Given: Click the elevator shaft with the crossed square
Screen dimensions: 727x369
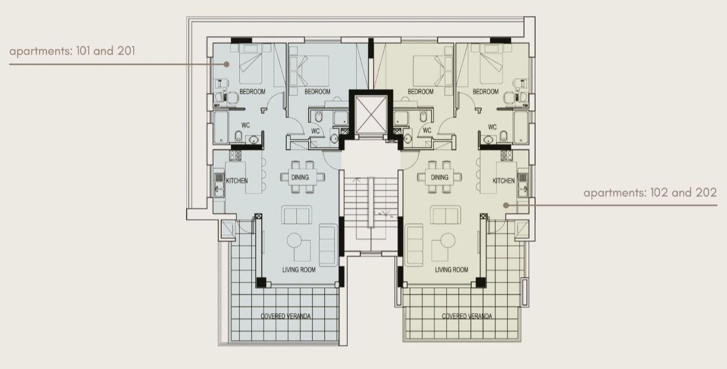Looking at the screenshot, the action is pyautogui.click(x=371, y=115).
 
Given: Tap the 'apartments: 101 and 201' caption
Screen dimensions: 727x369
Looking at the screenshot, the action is pyautogui.click(x=72, y=51).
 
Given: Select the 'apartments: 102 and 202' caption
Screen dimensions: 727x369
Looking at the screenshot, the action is pyautogui.click(x=650, y=193).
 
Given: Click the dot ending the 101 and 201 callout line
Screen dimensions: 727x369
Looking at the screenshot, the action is pyautogui.click(x=227, y=64).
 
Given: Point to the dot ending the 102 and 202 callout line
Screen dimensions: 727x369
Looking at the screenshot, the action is pyautogui.click(x=506, y=205).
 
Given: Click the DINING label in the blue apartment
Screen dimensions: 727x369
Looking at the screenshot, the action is pyautogui.click(x=300, y=177).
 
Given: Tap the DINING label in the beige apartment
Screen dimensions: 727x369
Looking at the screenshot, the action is pyautogui.click(x=439, y=177).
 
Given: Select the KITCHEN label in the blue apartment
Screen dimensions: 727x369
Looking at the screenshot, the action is pyautogui.click(x=236, y=181).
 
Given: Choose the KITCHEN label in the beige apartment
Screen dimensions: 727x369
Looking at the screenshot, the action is pyautogui.click(x=504, y=181).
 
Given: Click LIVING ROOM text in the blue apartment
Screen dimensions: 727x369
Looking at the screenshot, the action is pyautogui.click(x=299, y=269).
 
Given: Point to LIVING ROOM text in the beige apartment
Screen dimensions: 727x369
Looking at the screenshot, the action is pyautogui.click(x=452, y=269).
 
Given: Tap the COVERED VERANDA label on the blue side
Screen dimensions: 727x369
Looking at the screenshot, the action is pyautogui.click(x=286, y=316).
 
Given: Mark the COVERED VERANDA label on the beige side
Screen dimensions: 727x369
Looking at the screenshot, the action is pyautogui.click(x=467, y=316).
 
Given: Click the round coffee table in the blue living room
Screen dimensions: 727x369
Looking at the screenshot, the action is pyautogui.click(x=294, y=240).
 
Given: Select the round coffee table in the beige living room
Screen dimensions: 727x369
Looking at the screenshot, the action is pyautogui.click(x=448, y=240).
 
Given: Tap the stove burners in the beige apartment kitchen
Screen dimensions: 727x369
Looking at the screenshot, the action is pyautogui.click(x=506, y=155).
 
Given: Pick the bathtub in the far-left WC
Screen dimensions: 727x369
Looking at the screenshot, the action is pyautogui.click(x=221, y=128).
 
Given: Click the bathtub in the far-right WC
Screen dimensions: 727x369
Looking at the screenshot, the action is pyautogui.click(x=521, y=128).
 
